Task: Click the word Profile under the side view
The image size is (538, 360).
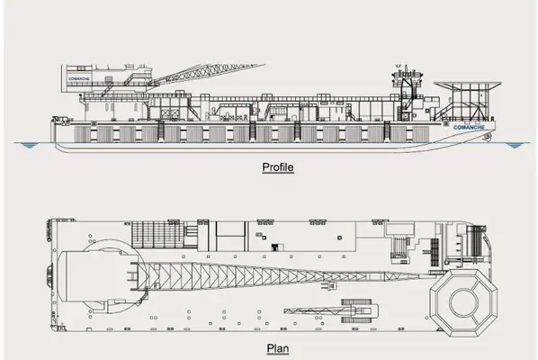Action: click(278, 167)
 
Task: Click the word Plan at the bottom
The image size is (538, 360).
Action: click(278, 348)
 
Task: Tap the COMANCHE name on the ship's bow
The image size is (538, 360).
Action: click(469, 127)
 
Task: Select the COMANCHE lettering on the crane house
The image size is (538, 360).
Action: click(79, 78)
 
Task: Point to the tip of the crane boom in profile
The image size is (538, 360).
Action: click(265, 64)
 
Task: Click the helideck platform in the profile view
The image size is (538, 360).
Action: click(468, 84)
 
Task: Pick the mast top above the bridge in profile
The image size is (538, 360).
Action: click(407, 67)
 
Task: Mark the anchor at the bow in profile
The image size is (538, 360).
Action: click(488, 138)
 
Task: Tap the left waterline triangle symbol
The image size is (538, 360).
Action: click(29, 146)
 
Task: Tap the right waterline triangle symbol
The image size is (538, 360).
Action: click(514, 146)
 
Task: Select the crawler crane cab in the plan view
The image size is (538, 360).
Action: click(366, 311)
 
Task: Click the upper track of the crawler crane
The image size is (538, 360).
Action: click(356, 301)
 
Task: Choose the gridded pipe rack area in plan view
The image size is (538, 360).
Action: click(158, 234)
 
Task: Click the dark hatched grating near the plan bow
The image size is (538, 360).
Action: click(435, 252)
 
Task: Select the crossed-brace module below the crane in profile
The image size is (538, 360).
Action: click(170, 113)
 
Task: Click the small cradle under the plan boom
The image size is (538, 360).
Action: click(328, 285)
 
